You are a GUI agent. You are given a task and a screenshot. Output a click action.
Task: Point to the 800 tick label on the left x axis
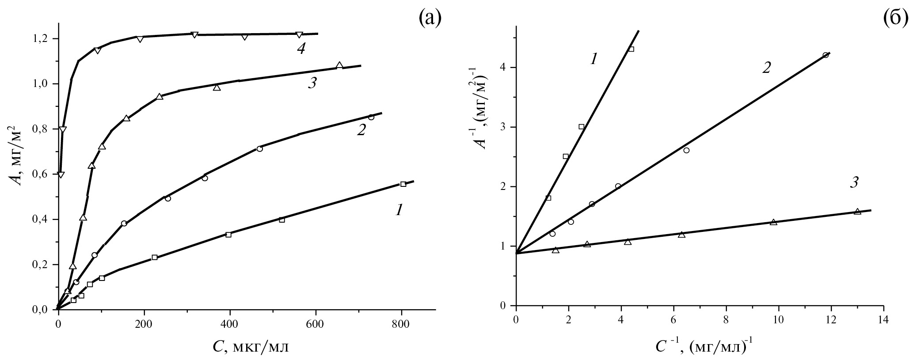pos(401,323)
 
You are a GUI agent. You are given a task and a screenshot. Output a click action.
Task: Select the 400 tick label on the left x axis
pos(229,323)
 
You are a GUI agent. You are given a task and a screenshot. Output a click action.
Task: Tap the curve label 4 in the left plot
pos(301,49)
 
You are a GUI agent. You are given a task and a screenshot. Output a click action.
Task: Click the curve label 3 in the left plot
pos(312,83)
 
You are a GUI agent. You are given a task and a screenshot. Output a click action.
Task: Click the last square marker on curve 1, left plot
pos(403,184)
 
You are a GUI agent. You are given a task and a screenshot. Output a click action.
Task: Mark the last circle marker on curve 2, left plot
pos(371,117)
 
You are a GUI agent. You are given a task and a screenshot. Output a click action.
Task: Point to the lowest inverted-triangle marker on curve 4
pos(61,175)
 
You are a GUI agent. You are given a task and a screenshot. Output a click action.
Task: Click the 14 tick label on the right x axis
pos(883,319)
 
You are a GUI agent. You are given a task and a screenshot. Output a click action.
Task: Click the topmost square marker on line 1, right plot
pos(631,49)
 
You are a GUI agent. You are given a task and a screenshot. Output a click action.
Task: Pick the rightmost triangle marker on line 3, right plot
pos(857,212)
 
